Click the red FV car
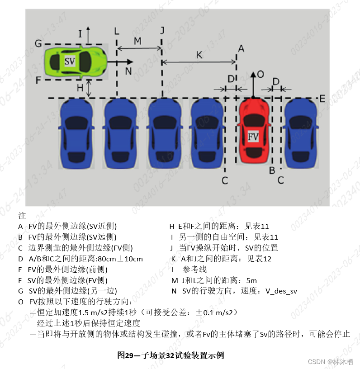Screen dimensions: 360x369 pos(253,130)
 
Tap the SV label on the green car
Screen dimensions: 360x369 pos(70,61)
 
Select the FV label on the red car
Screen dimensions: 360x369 pos(253,137)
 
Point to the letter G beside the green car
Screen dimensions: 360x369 pos(38,43)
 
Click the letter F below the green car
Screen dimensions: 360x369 pos(38,80)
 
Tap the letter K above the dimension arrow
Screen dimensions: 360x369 pos(199,55)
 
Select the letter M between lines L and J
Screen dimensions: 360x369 pos(137,41)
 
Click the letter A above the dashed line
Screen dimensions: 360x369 pos(241,49)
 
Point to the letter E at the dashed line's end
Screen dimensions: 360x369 pos(322,99)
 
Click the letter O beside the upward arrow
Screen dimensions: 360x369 pos(261,75)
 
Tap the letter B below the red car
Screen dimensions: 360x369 pos(272,170)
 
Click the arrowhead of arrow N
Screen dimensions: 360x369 pos(130,62)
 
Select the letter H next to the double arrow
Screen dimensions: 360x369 pos(80,88)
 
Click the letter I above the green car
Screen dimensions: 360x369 pos(80,34)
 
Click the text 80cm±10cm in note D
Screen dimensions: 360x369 pos(120,259)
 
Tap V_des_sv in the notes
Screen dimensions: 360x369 pos(281,291)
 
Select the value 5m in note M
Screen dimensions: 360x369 pos(251,280)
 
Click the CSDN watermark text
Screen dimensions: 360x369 pos(330,361)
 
